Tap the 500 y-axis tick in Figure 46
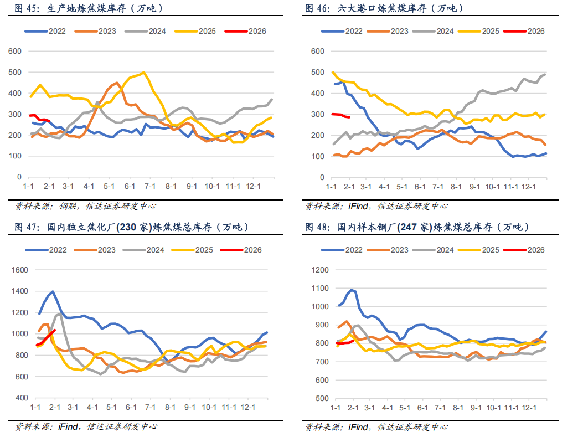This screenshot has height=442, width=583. tap(317, 73)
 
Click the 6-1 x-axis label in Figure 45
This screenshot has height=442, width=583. tap(130, 187)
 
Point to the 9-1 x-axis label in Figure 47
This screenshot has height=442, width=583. tap(190, 407)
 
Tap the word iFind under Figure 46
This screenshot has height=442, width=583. tap(359, 206)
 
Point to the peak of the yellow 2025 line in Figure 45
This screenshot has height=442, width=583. tap(144, 72)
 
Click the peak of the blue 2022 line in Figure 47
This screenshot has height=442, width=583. tap(53, 291)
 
